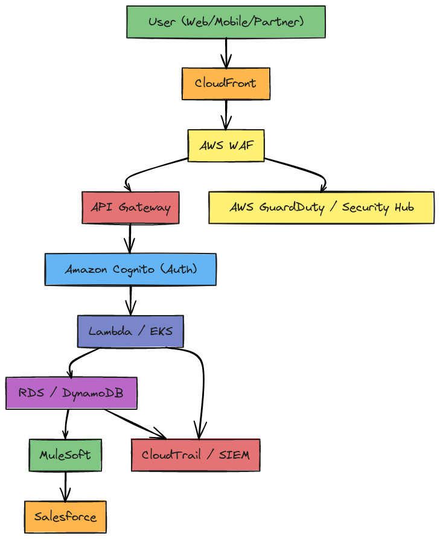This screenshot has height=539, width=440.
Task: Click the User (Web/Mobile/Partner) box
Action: [x=226, y=22]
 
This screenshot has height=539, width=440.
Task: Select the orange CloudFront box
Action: [x=226, y=83]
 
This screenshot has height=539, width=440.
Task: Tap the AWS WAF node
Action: [x=226, y=145]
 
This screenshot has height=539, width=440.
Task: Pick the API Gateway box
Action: [x=130, y=208]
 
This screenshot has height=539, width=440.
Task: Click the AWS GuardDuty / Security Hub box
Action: [x=321, y=208]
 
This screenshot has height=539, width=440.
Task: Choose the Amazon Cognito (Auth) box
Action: [x=130, y=269]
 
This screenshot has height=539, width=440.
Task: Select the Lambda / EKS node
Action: [x=130, y=331]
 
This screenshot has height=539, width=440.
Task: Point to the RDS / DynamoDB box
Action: [x=71, y=393]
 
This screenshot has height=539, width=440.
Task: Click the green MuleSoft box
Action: [x=65, y=455]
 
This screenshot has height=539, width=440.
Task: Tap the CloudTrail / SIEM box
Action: [x=196, y=455]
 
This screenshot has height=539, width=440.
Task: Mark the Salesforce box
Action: [x=65, y=517]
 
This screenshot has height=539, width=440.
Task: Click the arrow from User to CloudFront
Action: [x=226, y=53]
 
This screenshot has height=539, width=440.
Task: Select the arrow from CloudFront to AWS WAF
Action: [x=226, y=115]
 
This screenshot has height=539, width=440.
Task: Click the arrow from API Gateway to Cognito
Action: [x=130, y=238]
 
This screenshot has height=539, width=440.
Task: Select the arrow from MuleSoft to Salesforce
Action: [x=65, y=486]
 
